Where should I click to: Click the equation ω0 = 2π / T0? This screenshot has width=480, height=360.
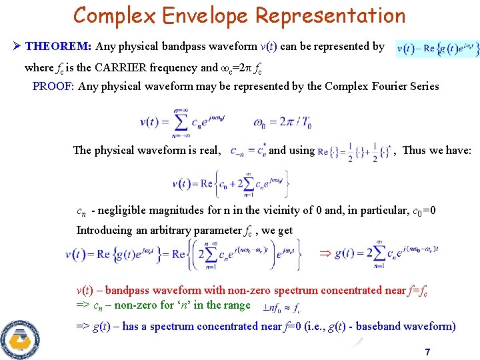pos(283,122)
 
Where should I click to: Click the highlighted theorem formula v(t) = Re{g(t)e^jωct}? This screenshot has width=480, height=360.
pos(437,48)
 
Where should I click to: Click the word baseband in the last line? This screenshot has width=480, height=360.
pos(382,327)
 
